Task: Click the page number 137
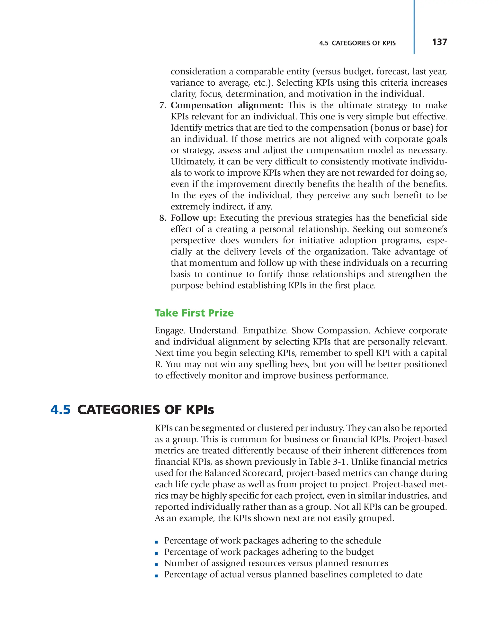click(439, 42)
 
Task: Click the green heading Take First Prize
click(194, 313)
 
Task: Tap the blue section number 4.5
click(60, 410)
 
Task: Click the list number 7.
click(162, 105)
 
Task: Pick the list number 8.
click(162, 218)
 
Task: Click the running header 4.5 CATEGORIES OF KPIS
click(357, 43)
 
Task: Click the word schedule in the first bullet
click(364, 541)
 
